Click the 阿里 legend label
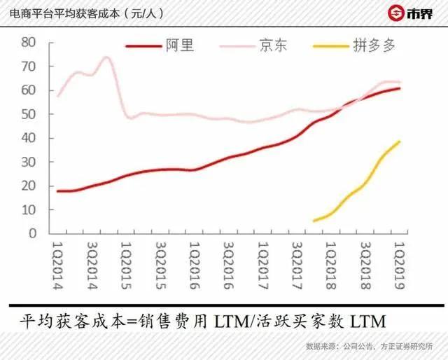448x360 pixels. pos(180,46)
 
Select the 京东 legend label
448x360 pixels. pos(272,46)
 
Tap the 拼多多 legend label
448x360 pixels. pos(379,46)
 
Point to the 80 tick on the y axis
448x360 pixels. pos(28,42)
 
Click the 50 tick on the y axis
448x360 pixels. pos(28,114)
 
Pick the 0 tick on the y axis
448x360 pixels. pos(31,234)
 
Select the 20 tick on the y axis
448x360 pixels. pos(28,186)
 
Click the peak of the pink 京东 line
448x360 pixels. pos(106,57)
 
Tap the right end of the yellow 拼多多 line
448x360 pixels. pos(400,141)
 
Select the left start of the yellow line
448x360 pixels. pos(314,221)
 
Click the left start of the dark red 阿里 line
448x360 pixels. pos(57,191)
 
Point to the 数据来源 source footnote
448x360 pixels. pos(323,346)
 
